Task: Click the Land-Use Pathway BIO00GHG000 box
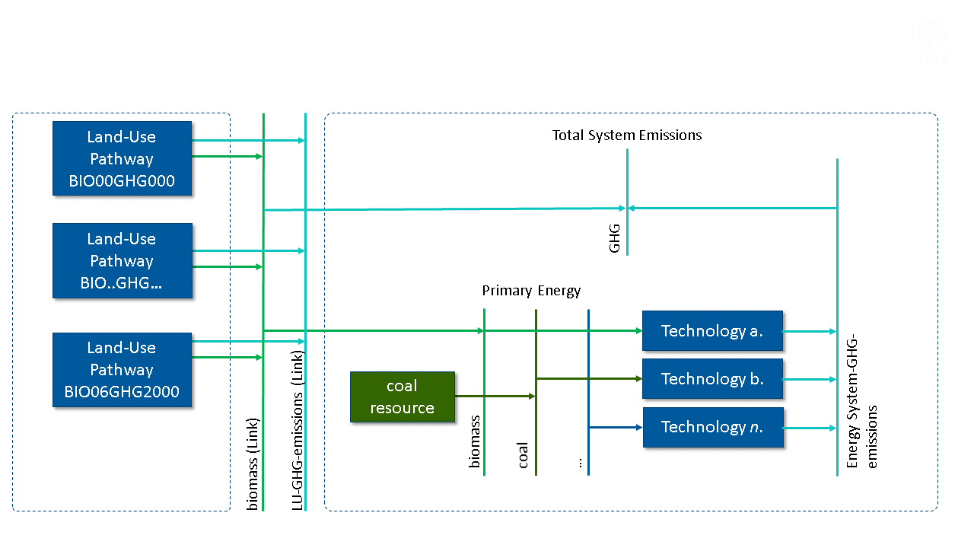click(122, 158)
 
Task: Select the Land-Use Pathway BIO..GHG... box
click(122, 260)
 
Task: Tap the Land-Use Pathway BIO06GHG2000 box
click(122, 370)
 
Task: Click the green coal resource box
click(402, 397)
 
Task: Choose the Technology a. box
click(712, 330)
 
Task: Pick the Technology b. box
click(712, 378)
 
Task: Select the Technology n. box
click(712, 427)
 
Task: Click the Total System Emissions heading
click(627, 135)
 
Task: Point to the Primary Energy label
click(531, 291)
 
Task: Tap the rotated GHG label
click(615, 237)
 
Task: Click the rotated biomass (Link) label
click(253, 464)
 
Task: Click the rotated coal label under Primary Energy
click(523, 454)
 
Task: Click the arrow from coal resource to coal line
click(495, 396)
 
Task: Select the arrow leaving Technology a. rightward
click(809, 331)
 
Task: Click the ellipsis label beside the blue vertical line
click(580, 463)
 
